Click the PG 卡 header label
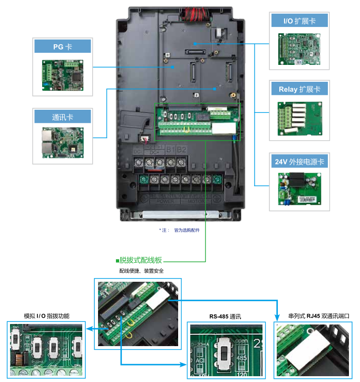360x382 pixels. click(62, 47)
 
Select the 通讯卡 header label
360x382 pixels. click(62, 117)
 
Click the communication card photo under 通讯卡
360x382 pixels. click(62, 142)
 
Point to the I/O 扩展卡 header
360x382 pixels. click(299, 21)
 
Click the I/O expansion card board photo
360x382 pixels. click(299, 48)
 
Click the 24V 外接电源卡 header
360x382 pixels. click(299, 161)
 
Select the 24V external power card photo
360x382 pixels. click(299, 189)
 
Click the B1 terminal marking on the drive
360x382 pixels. click(170, 150)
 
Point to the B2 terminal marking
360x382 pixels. click(181, 150)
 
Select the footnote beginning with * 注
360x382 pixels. click(179, 230)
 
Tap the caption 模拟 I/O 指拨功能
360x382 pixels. click(46, 316)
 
